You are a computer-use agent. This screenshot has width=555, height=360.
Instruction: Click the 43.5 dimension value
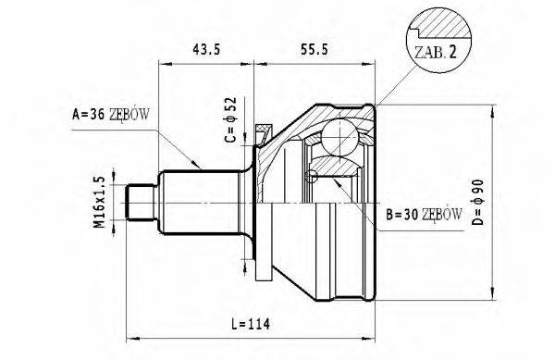point(206,49)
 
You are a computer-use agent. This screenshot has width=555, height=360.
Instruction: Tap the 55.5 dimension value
point(314,49)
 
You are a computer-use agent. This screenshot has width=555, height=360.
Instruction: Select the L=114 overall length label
point(251,324)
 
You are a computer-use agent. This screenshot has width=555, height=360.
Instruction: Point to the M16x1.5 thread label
point(100,202)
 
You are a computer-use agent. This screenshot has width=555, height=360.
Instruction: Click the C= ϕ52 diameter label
point(230,119)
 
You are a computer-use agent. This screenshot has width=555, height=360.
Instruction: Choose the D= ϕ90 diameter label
point(478,203)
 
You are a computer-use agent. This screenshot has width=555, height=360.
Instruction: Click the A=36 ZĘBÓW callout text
point(111,115)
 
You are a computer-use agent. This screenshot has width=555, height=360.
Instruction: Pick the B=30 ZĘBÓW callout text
point(424,214)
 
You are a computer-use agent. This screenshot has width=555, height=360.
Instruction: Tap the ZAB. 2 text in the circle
point(436,53)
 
